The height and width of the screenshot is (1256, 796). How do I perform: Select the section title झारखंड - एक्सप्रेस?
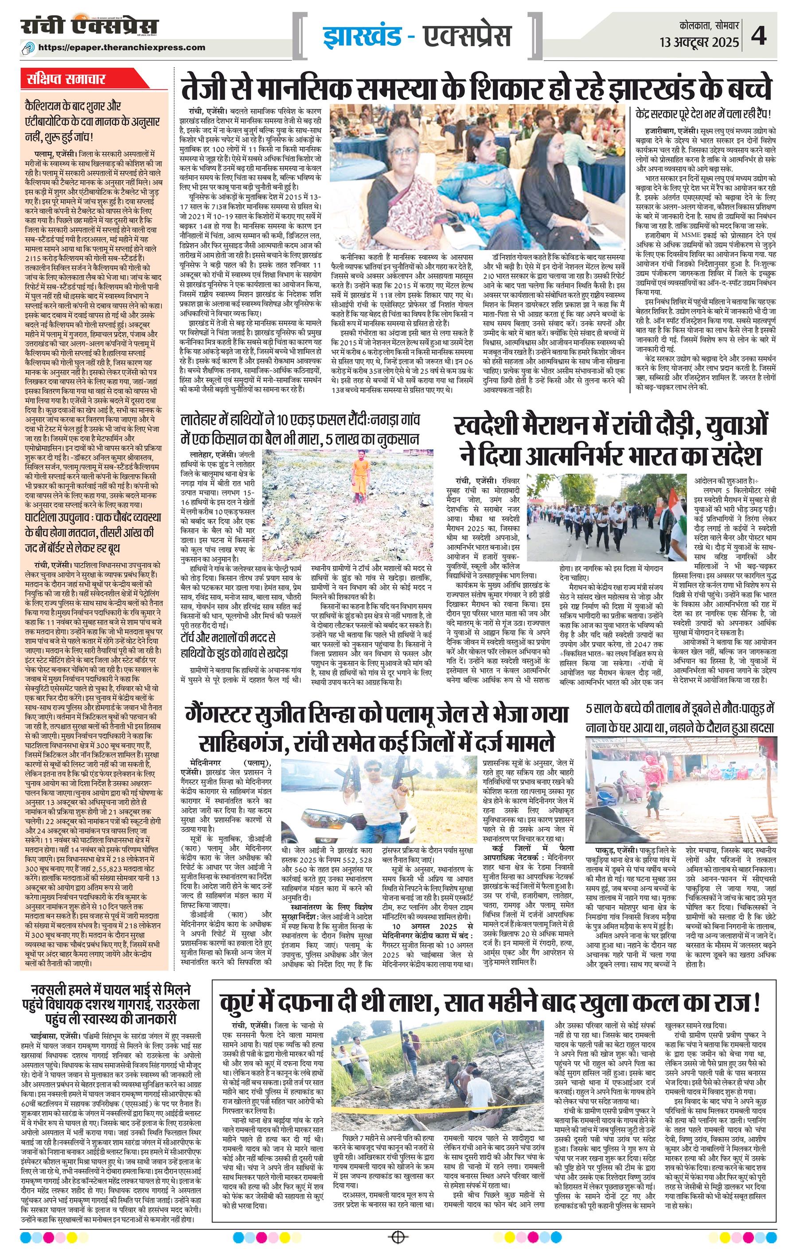(x=414, y=36)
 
